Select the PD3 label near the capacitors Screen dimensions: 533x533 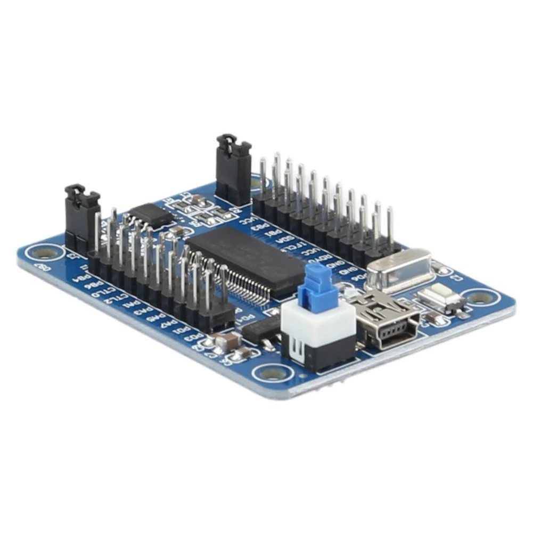[x=195, y=337]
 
